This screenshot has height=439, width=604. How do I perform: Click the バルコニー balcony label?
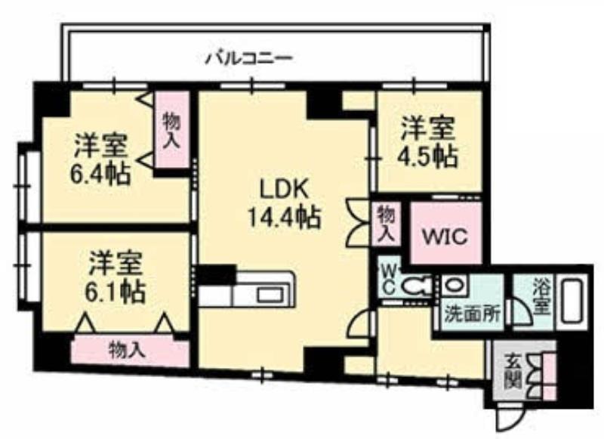tap(250, 59)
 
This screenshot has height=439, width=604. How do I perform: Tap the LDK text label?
tap(285, 190)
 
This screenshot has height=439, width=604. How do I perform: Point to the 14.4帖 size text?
tap(284, 218)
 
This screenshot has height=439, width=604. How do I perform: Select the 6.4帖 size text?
tap(100, 175)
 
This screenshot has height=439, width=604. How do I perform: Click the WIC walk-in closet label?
tap(445, 236)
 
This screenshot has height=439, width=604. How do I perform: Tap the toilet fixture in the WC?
tap(415, 286)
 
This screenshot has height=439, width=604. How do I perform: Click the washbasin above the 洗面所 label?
tap(455, 285)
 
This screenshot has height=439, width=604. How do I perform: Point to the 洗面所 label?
tap(473, 314)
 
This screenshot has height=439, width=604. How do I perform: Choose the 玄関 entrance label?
tap(513, 370)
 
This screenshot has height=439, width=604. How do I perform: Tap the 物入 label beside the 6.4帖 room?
tap(171, 130)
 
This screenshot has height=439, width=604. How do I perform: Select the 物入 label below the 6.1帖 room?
tap(127, 350)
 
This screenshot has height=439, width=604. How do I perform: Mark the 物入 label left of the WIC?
tap(387, 224)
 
